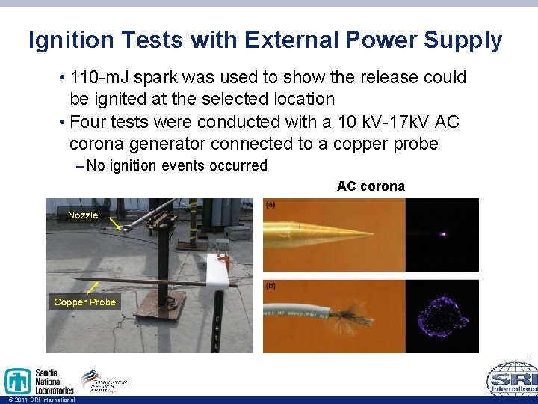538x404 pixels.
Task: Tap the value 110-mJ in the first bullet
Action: click(102, 77)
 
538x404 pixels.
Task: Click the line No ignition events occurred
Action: click(176, 165)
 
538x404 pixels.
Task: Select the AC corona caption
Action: click(371, 186)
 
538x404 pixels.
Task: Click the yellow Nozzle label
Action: click(82, 215)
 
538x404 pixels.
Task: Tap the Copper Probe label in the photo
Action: click(84, 302)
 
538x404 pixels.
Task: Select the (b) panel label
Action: click(271, 286)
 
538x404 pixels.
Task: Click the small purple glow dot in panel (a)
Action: click(443, 234)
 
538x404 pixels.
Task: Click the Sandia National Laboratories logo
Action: click(39, 381)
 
